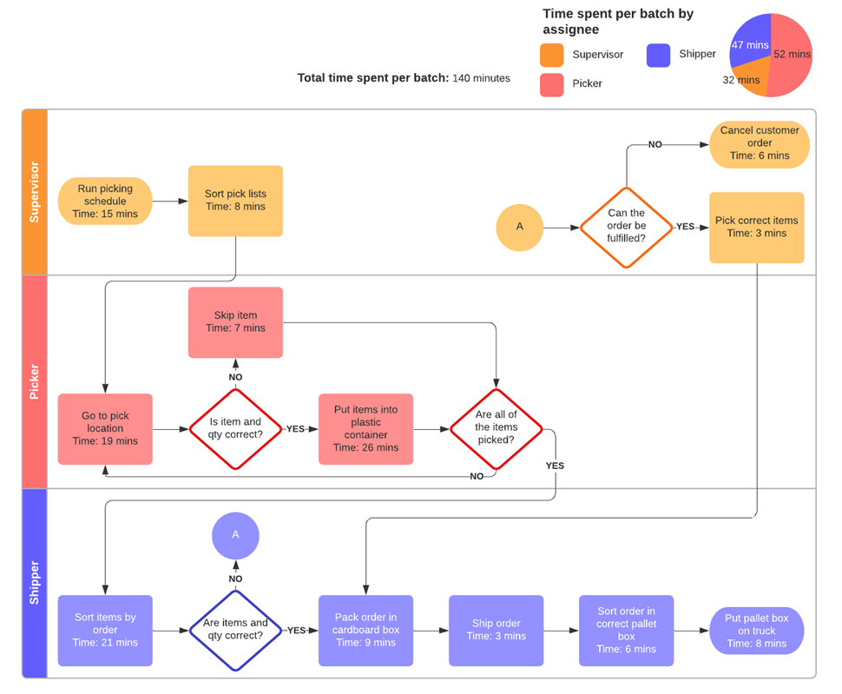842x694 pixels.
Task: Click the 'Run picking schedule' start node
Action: (105, 202)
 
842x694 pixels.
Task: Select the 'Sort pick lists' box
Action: (235, 201)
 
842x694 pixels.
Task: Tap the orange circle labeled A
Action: (520, 227)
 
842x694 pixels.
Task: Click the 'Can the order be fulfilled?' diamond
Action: (626, 227)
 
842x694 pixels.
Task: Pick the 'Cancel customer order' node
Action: (760, 143)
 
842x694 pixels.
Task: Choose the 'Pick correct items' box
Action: (756, 228)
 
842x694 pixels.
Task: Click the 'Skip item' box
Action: (235, 322)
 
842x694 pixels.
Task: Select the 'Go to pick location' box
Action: (105, 429)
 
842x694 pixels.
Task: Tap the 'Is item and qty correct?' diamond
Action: (235, 429)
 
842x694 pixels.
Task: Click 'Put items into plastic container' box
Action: (365, 429)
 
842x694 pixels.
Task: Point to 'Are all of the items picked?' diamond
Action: (496, 429)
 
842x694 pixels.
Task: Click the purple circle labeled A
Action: (235, 535)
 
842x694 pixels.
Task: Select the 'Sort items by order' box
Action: (105, 631)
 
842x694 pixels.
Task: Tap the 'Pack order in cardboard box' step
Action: (365, 631)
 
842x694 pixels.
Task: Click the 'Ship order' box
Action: (496, 631)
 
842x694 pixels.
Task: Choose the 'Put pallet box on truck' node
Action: (756, 631)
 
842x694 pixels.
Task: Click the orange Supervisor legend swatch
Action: (551, 55)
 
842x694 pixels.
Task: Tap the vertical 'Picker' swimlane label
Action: (35, 381)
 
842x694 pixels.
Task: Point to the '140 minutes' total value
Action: (481, 78)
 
